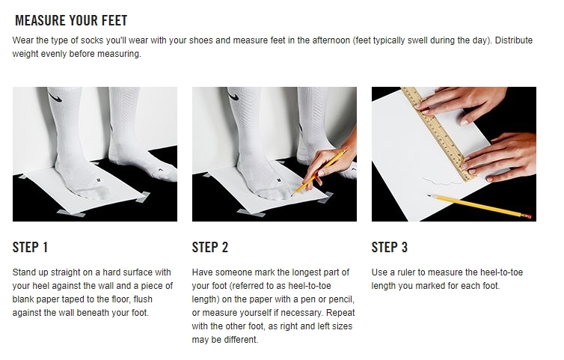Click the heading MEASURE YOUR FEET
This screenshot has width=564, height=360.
[x=71, y=20]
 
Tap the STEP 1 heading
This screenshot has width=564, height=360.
[x=30, y=247]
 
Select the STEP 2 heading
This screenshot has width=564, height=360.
[x=210, y=247]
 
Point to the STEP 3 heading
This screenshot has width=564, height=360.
[x=390, y=247]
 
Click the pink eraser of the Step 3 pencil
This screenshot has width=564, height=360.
[x=526, y=216]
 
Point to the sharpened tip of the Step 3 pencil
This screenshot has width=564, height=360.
[x=428, y=195]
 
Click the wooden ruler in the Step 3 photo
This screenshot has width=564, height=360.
[x=438, y=133]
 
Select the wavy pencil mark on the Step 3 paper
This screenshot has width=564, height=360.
[x=441, y=181]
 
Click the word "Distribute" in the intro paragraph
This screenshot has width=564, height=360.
[x=514, y=40]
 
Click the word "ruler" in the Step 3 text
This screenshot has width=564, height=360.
[x=405, y=272]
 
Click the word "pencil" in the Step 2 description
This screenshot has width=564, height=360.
[x=342, y=299]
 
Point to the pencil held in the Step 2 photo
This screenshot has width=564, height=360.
[x=319, y=173]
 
